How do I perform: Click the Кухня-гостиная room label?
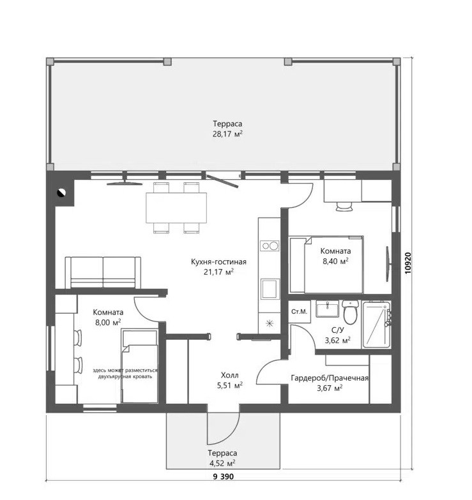(x=218, y=261)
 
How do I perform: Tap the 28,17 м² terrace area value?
(x=227, y=134)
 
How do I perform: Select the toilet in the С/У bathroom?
(x=350, y=311)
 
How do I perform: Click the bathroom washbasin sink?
(x=327, y=309)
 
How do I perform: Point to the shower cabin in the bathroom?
(x=377, y=324)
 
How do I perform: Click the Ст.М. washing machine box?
(x=300, y=311)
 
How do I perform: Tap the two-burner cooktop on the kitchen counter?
(x=270, y=246)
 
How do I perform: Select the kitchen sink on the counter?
(x=270, y=289)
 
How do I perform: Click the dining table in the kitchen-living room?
(x=176, y=208)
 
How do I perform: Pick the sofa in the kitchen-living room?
(x=103, y=273)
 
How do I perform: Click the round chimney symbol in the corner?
(x=61, y=193)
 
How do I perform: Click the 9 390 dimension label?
(x=224, y=477)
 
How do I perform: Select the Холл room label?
(x=230, y=375)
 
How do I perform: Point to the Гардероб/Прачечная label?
(x=330, y=378)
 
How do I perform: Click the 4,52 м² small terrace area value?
(x=222, y=463)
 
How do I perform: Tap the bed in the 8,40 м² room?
(x=326, y=264)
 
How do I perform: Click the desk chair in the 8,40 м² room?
(x=344, y=206)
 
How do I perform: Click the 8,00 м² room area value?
(x=108, y=323)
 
